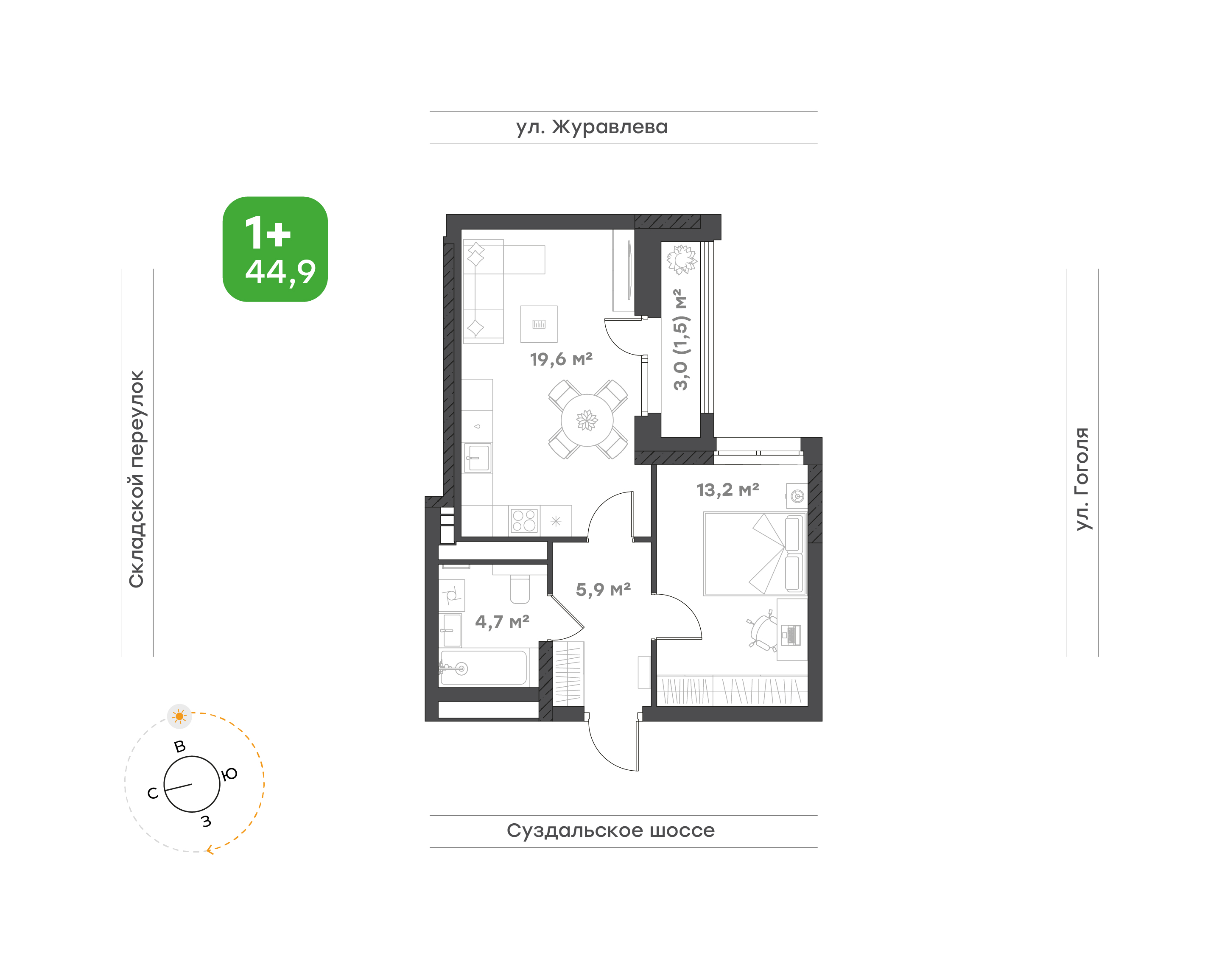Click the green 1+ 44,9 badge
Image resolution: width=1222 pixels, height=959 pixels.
click(x=275, y=249)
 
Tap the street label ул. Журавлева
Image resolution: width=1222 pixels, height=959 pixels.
click(x=592, y=127)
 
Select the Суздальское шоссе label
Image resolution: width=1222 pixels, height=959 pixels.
click(x=610, y=830)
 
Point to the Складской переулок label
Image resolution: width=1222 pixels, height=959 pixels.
click(x=137, y=479)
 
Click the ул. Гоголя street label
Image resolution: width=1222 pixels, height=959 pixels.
click(x=1082, y=479)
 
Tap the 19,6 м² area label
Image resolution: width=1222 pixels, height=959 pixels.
click(x=561, y=359)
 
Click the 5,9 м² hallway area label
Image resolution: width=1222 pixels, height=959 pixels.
click(x=603, y=590)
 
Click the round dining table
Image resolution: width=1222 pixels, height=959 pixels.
click(x=587, y=420)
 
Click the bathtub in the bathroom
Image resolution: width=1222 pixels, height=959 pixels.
click(x=484, y=668)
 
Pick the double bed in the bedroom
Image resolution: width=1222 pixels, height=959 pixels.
click(x=755, y=553)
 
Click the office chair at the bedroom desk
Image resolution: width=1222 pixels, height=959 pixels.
click(x=763, y=632)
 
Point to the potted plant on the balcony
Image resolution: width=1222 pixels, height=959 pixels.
click(x=681, y=260)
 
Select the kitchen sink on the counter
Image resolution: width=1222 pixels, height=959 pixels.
click(x=477, y=458)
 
